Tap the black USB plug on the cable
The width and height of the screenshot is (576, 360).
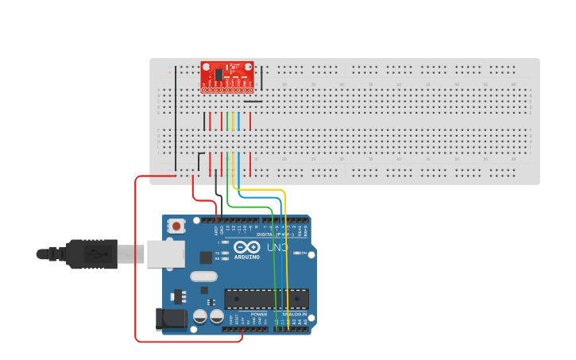pyautogui.click(x=91, y=254)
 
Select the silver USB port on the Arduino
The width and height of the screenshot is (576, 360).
pyautogui.click(x=167, y=254)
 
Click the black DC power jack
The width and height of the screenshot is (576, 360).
pyautogui.click(x=171, y=319)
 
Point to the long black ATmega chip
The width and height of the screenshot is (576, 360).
pyautogui.click(x=265, y=299)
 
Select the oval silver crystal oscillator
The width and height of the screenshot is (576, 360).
pyautogui.click(x=203, y=277)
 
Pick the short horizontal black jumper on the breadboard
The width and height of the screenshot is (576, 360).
pyautogui.click(x=253, y=101)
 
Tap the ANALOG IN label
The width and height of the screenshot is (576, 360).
pyautogui.click(x=294, y=315)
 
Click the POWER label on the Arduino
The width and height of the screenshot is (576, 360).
pyautogui.click(x=259, y=315)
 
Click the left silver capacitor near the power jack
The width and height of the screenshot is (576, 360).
pyautogui.click(x=200, y=316)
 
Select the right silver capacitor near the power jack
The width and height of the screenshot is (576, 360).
pyautogui.click(x=216, y=316)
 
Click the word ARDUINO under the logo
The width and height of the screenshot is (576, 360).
pyautogui.click(x=247, y=257)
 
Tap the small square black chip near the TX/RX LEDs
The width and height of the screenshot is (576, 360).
pyautogui.click(x=206, y=257)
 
